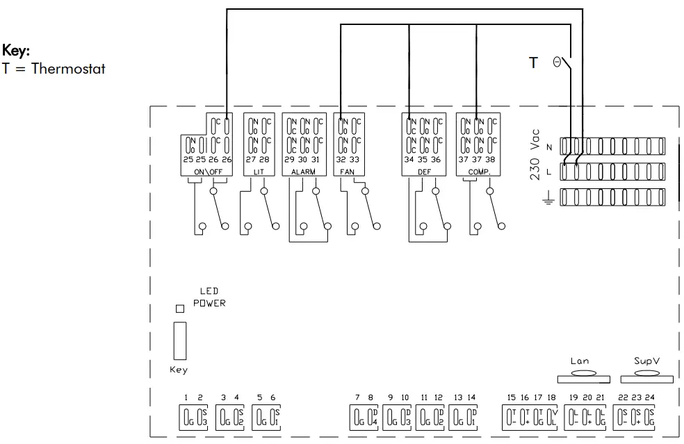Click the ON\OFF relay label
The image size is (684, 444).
206,172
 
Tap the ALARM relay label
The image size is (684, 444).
302,172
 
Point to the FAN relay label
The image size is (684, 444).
347,172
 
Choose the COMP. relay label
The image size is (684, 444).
477,172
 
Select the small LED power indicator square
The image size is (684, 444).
179,308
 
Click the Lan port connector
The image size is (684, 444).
584,376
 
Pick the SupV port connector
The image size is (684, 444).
646,376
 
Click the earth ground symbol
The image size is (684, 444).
548,199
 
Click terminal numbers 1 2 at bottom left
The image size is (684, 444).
193,397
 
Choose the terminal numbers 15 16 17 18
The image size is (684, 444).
531,397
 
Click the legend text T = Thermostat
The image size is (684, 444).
54,68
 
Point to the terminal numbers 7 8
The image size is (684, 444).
364,397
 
